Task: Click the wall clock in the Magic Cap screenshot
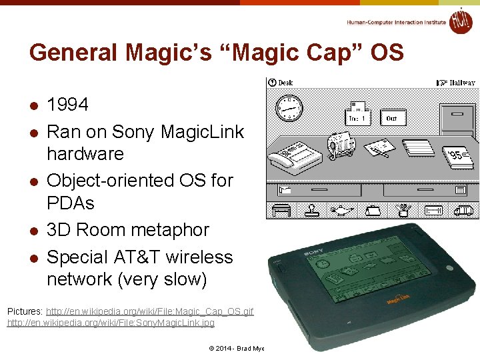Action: point(289,107)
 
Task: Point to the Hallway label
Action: point(457,83)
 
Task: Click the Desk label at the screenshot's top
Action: point(281,83)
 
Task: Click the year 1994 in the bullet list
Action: point(67,105)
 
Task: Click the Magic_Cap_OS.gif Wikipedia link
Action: point(150,311)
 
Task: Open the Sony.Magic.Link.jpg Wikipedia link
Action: point(111,323)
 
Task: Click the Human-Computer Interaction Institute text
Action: point(396,22)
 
